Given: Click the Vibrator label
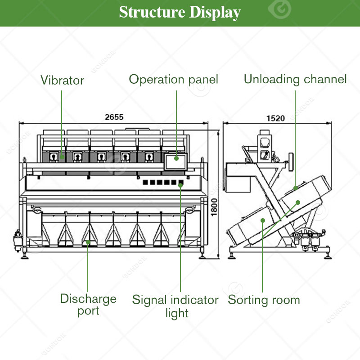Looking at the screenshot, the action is tap(62, 80).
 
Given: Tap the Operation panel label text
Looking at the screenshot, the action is tap(173, 80).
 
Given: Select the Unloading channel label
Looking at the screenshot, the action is tap(295, 79).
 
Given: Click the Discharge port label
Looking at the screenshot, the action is tap(88, 305).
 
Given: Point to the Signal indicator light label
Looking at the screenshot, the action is tap(175, 306).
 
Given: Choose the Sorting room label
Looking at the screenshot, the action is tap(264, 300).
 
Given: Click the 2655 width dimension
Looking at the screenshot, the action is tap(114, 117).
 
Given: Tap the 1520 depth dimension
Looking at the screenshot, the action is tap(275, 118).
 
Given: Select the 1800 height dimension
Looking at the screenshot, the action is tap(214, 207).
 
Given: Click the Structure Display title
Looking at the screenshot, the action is tap(180, 12).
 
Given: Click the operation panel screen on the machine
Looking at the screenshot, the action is tap(176, 162).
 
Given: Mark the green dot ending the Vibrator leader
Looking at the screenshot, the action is tap(62, 157).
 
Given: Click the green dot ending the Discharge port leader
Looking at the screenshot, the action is tap(88, 242).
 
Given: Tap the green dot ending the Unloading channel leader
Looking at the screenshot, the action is tap(296, 188).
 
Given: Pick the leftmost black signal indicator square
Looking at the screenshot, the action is tap(145, 182).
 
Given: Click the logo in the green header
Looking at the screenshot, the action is tap(279, 9).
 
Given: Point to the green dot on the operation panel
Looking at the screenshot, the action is tap(176, 158).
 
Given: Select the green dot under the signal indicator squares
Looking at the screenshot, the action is tap(181, 185).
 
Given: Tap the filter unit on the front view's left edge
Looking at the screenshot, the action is tap(18, 240).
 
